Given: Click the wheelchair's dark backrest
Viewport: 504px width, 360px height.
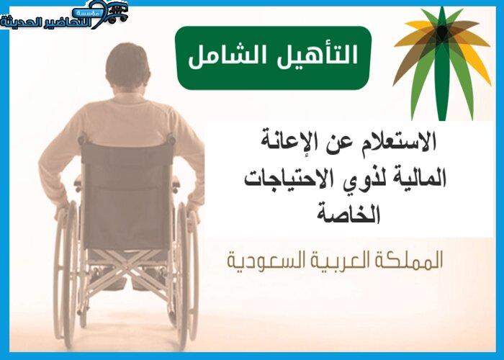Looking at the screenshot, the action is tap(127, 196).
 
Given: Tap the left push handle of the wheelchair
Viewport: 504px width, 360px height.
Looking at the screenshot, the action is tap(83, 139).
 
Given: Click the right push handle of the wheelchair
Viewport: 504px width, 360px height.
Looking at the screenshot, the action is tap(171, 139).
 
